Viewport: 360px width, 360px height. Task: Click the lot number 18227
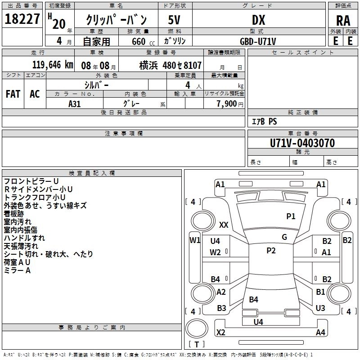(x=22, y=19)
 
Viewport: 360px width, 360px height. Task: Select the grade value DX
(x=258, y=20)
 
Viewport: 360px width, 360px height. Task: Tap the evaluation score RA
(x=343, y=21)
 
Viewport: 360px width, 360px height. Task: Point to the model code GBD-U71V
(x=258, y=41)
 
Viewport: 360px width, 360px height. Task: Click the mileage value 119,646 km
(x=53, y=65)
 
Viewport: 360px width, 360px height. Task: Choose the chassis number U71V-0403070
(x=302, y=143)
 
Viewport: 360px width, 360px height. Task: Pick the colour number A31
(x=75, y=104)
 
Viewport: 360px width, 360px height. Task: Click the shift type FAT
(x=13, y=94)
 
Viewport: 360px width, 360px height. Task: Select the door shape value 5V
(x=174, y=20)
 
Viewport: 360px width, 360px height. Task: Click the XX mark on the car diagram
(x=224, y=225)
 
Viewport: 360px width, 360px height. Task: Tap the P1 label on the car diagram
(x=291, y=216)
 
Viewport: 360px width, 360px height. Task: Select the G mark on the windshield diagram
(x=284, y=237)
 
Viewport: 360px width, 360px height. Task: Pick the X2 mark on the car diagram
(x=221, y=332)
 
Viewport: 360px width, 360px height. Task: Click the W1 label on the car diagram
(x=195, y=240)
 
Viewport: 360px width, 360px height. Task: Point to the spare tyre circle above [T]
(x=197, y=328)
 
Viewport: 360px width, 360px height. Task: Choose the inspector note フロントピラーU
(x=31, y=181)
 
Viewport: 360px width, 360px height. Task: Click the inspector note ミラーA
(x=17, y=270)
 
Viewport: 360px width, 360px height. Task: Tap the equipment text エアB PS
(x=265, y=121)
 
